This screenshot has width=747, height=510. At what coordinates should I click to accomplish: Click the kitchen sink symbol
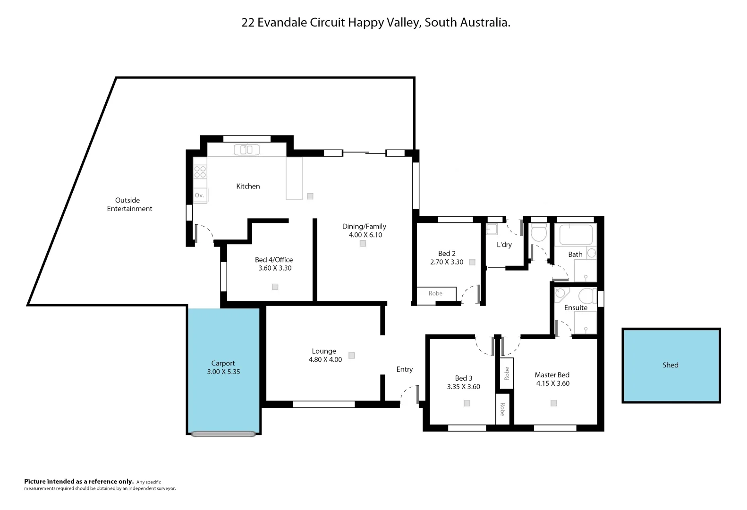[246, 150]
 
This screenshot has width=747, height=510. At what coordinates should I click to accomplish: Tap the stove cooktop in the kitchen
[200, 172]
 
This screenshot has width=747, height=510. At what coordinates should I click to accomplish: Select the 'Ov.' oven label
[199, 195]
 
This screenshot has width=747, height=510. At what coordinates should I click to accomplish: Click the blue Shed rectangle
[671, 365]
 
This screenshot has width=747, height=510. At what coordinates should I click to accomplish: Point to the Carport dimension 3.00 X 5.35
[223, 372]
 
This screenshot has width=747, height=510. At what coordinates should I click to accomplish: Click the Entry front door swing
[409, 396]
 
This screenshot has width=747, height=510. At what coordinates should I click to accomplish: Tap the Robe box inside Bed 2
[436, 293]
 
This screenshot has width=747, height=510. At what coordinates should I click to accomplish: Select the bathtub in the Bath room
[576, 235]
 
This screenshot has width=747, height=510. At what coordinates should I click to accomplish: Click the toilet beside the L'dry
[538, 232]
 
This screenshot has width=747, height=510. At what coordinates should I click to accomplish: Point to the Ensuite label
[576, 307]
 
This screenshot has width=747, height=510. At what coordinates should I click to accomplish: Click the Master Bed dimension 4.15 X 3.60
[552, 383]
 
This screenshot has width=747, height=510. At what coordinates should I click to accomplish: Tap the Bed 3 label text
[463, 378]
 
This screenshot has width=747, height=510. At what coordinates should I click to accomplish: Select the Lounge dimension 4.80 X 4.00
[325, 359]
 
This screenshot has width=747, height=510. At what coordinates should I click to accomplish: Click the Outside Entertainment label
[129, 204]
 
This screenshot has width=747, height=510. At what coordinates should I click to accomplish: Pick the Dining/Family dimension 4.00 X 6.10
[365, 235]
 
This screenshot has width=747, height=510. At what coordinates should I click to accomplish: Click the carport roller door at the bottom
[223, 433]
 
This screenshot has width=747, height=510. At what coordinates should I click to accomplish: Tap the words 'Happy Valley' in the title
[383, 22]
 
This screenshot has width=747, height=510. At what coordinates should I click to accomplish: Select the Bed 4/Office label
[274, 260]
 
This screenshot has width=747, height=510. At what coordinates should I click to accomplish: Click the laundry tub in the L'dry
[492, 229]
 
